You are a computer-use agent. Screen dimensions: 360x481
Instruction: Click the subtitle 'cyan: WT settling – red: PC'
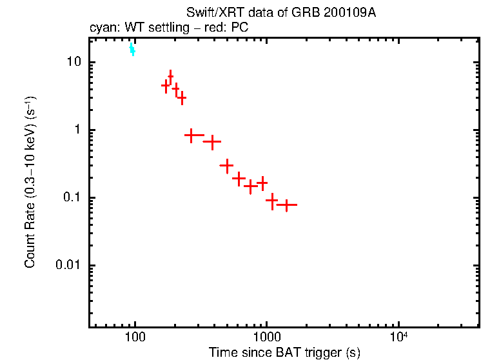pos(169,28)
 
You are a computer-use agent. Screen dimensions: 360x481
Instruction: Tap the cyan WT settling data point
pos(132,49)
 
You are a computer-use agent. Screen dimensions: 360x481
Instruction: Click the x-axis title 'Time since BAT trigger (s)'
pos(284,353)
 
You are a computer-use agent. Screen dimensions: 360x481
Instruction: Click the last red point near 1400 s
pos(286,205)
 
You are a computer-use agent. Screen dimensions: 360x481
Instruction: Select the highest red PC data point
pos(170,77)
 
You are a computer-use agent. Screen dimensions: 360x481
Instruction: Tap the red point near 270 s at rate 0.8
pos(191,135)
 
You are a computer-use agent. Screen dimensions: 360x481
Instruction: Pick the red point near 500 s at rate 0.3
pos(226,166)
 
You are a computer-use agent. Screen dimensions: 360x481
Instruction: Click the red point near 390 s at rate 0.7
pos(212,141)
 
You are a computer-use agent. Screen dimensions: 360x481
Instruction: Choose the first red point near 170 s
pos(166,85)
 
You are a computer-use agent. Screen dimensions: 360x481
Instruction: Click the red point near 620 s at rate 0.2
pos(239,177)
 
